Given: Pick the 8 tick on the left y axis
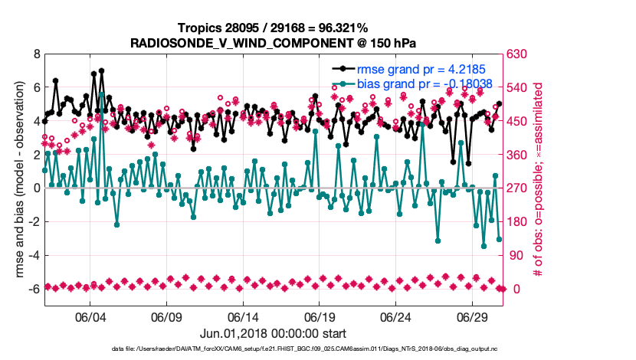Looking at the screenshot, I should [x=35, y=54].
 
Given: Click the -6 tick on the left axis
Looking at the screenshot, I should [x=33, y=289].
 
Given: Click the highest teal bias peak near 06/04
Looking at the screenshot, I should [x=102, y=93].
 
